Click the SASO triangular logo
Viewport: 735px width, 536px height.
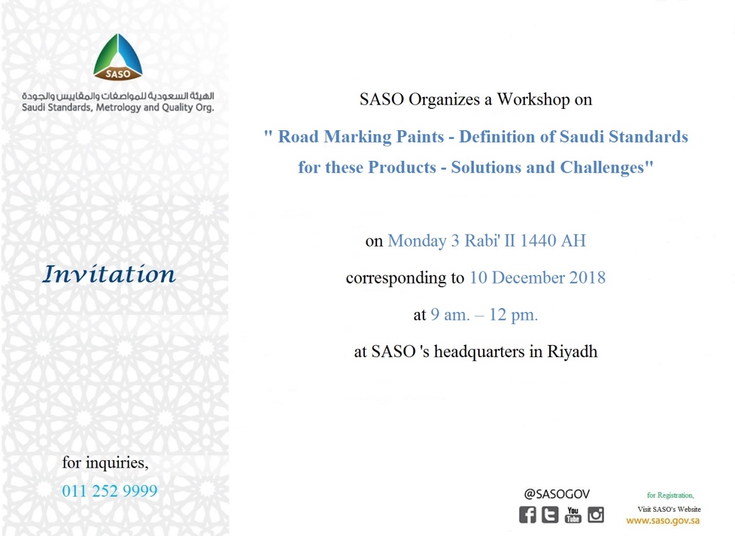click(118, 57)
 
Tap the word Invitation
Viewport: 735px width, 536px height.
click(109, 274)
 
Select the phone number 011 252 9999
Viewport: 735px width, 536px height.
click(109, 491)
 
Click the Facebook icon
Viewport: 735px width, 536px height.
click(527, 515)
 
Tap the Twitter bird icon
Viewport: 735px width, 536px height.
click(550, 515)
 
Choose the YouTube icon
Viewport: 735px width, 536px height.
click(573, 515)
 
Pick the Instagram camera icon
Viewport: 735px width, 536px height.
click(595, 515)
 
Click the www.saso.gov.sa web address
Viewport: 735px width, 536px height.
click(663, 521)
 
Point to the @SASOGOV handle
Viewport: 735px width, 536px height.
click(557, 494)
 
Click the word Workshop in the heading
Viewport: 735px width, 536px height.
click(533, 100)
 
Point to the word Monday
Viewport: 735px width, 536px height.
click(416, 241)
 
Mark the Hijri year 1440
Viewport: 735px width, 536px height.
click(539, 241)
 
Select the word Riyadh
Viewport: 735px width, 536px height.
click(572, 352)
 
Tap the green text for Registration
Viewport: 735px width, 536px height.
click(670, 495)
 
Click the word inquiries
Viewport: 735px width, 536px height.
click(117, 463)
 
